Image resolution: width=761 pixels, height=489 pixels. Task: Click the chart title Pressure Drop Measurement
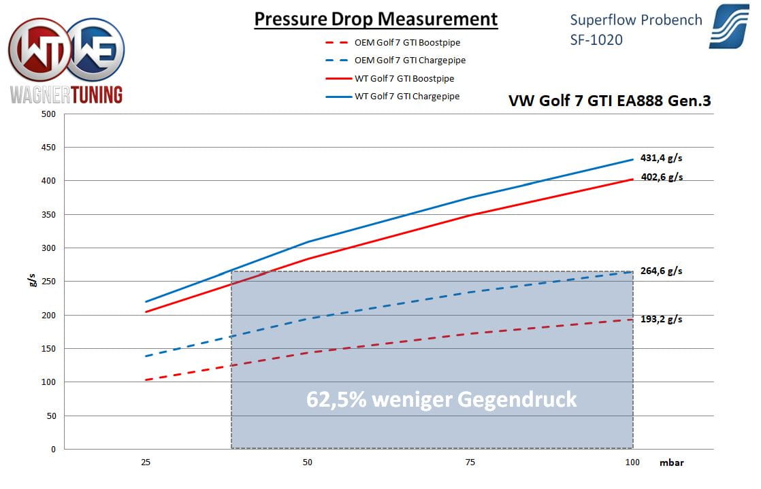[376, 19]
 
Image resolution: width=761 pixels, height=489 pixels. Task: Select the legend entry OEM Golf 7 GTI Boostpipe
[407, 43]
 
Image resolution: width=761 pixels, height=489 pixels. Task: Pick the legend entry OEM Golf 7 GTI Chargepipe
[410, 61]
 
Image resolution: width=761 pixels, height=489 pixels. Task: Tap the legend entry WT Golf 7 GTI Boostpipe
[404, 79]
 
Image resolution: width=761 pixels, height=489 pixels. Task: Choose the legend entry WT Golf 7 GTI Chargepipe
[407, 97]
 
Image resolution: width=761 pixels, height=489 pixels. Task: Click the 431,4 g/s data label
[661, 158]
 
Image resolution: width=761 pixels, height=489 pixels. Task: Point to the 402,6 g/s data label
[661, 177]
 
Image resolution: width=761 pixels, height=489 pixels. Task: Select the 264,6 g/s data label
[661, 271]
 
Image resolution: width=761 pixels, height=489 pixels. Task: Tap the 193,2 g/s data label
[661, 318]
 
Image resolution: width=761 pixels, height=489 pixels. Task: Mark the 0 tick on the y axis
[52, 450]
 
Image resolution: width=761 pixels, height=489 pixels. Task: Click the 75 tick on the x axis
[470, 462]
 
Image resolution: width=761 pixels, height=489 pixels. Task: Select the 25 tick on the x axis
[145, 462]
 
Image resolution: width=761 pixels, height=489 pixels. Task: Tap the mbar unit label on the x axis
[670, 462]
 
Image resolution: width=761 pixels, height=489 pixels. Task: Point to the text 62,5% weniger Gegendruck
[441, 399]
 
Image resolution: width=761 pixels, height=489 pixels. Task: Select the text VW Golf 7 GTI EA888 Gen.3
[609, 101]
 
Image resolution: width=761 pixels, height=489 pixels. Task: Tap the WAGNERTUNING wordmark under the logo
[67, 94]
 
